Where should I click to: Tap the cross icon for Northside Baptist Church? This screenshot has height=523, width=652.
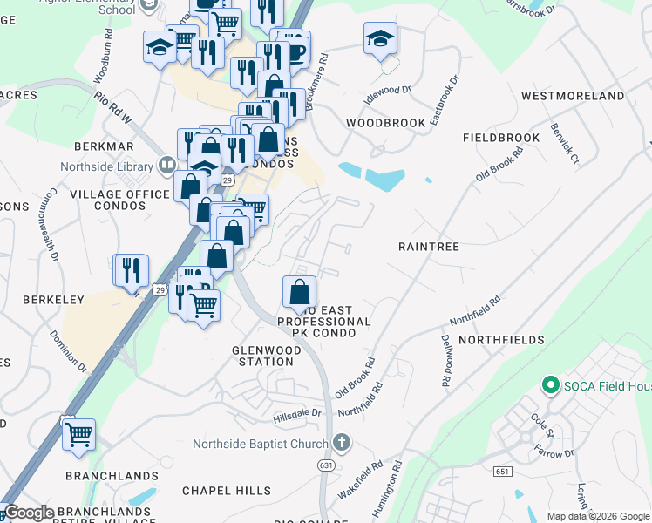(341, 443)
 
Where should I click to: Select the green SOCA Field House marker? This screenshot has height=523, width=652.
(550, 384)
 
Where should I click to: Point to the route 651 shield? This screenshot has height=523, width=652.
(501, 472)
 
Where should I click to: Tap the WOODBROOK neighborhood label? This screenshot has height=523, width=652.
(385, 123)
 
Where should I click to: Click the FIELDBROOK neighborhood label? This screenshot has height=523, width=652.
(501, 138)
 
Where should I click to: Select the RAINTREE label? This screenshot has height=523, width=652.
(428, 247)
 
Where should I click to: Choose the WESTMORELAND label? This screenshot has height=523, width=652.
(572, 95)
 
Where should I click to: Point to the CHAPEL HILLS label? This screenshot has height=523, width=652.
(227, 491)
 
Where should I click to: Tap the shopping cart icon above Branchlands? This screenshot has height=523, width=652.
(78, 433)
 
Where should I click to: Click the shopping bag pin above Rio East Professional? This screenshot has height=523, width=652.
(299, 291)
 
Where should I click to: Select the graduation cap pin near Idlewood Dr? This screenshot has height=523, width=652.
(380, 39)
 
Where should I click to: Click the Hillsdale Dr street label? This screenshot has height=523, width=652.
(297, 414)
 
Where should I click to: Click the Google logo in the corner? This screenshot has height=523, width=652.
(29, 513)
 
